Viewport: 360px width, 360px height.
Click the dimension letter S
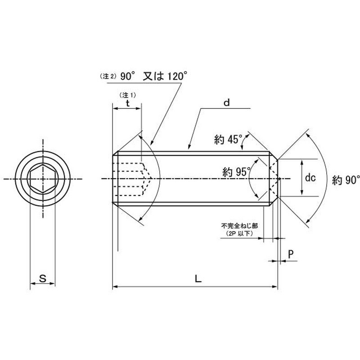(43, 278)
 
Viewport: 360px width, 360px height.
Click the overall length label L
(198, 279)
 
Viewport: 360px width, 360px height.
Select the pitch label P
(291, 254)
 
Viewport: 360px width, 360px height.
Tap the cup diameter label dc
(310, 177)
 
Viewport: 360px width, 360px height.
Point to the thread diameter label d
(226, 103)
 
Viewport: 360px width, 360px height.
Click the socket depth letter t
(128, 103)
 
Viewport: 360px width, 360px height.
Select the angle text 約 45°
(228, 139)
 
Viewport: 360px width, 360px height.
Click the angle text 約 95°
(236, 172)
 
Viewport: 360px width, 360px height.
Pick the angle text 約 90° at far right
(346, 180)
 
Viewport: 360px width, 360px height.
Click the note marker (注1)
(128, 95)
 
